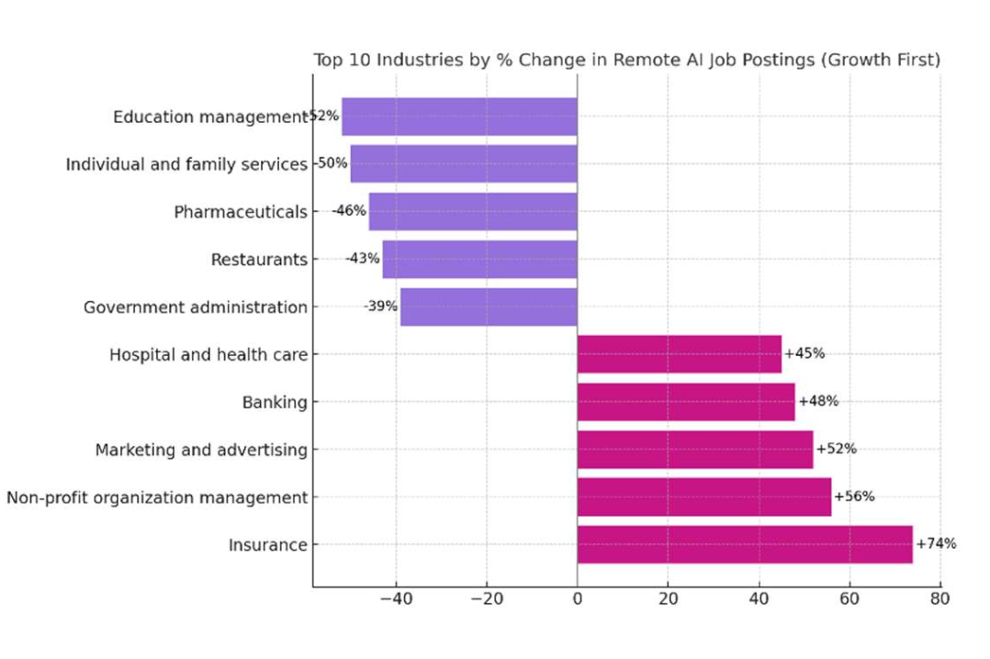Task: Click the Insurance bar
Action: pyautogui.click(x=745, y=544)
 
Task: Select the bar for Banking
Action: pyautogui.click(x=686, y=402)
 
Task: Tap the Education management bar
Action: pyautogui.click(x=459, y=117)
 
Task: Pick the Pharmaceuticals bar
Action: pyautogui.click(x=473, y=212)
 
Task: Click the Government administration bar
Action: pyautogui.click(x=489, y=307)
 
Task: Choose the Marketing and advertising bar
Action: pyautogui.click(x=695, y=450)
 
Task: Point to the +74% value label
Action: pyautogui.click(x=936, y=543)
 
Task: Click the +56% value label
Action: pyautogui.click(x=854, y=497)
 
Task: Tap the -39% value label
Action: pyautogui.click(x=380, y=306)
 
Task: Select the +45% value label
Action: pyautogui.click(x=804, y=353)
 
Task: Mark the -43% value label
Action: pyautogui.click(x=363, y=258)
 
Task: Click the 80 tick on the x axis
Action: pyautogui.click(x=939, y=598)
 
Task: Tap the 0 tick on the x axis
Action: pyautogui.click(x=577, y=598)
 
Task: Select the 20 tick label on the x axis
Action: pyautogui.click(x=668, y=598)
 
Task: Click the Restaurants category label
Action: pyautogui.click(x=259, y=260)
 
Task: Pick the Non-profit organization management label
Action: pyautogui.click(x=157, y=497)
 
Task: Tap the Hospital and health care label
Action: pyautogui.click(x=208, y=354)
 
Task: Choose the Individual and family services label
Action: pyautogui.click(x=186, y=164)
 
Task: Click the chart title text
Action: pyautogui.click(x=627, y=61)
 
